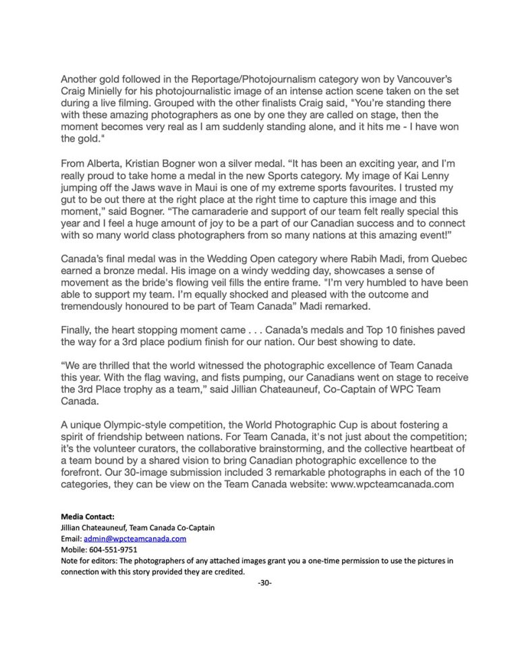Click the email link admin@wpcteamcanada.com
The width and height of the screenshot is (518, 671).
[136, 539]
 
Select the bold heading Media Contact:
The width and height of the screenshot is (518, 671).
[87, 516]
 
